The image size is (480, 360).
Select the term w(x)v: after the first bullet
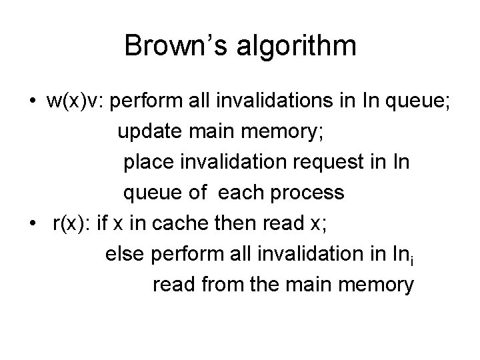[x=74, y=102]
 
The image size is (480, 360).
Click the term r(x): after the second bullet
[x=71, y=225]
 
